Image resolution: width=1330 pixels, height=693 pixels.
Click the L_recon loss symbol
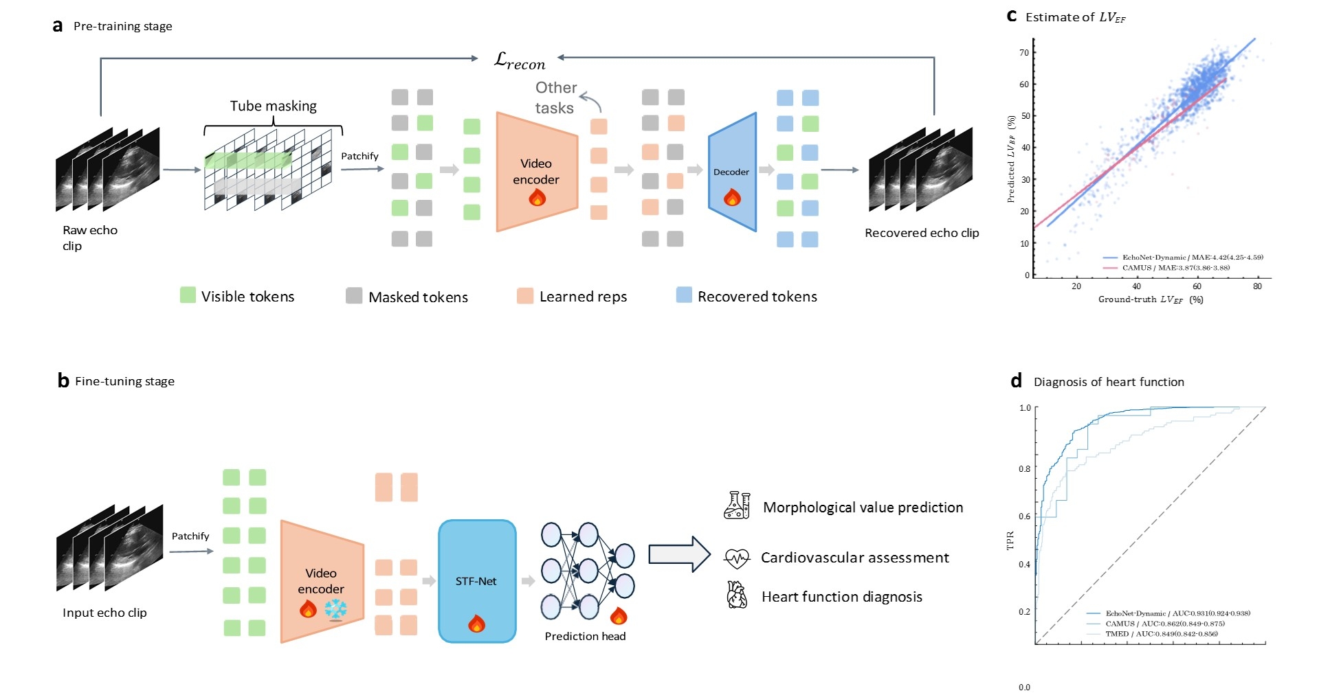[x=520, y=61]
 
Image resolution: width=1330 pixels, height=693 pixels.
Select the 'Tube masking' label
[x=273, y=106]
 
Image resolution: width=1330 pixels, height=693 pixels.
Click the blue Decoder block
[x=732, y=172]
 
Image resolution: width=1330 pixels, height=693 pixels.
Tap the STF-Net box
[x=476, y=581]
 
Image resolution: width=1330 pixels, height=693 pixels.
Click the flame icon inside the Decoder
[x=732, y=198]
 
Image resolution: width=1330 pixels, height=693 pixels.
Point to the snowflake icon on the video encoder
[x=335, y=609]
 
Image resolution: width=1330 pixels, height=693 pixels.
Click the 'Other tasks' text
[x=555, y=98]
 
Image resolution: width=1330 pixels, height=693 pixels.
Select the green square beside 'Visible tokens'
[x=188, y=295]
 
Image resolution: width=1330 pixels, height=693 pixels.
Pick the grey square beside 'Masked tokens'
[x=354, y=296]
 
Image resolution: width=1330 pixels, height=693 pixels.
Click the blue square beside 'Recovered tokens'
[x=684, y=295]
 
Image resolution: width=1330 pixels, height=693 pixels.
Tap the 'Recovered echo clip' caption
[x=921, y=233]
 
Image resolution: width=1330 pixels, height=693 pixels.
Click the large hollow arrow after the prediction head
[x=679, y=554]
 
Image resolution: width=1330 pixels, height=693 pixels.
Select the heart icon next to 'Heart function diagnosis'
[x=737, y=595]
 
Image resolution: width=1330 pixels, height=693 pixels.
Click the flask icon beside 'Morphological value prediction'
[x=737, y=505]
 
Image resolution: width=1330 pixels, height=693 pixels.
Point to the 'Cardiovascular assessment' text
[x=854, y=558]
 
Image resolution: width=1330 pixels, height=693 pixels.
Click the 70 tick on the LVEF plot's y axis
[x=1024, y=53]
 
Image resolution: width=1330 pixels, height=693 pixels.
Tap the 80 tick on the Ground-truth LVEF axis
[x=1257, y=286]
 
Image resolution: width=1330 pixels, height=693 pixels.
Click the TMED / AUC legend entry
[x=1161, y=634]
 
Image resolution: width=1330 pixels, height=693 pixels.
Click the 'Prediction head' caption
[x=585, y=636]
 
